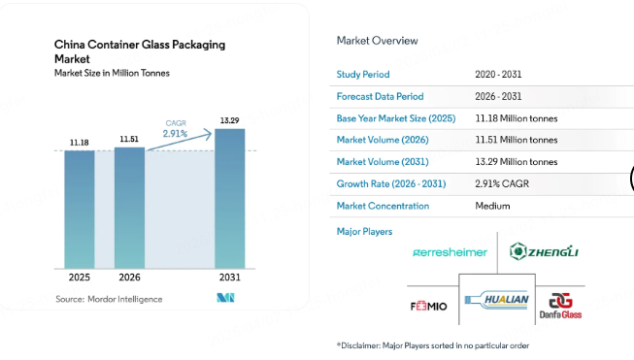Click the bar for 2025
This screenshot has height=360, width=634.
pyautogui.click(x=80, y=210)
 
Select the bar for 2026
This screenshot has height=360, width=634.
pyautogui.click(x=129, y=208)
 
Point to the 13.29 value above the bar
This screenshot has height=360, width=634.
pyautogui.click(x=229, y=120)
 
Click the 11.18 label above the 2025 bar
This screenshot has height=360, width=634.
pyautogui.click(x=80, y=143)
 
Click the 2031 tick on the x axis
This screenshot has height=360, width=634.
pyautogui.click(x=229, y=278)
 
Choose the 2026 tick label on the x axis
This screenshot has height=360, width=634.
pyautogui.click(x=129, y=278)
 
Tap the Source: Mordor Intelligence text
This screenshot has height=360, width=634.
pyautogui.click(x=109, y=299)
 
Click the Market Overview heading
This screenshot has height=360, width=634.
pyautogui.click(x=377, y=41)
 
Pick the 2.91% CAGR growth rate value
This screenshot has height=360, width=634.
pyautogui.click(x=503, y=183)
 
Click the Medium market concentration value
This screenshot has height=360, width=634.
pyautogui.click(x=492, y=206)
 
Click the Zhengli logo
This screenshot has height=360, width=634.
pyautogui.click(x=544, y=252)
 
